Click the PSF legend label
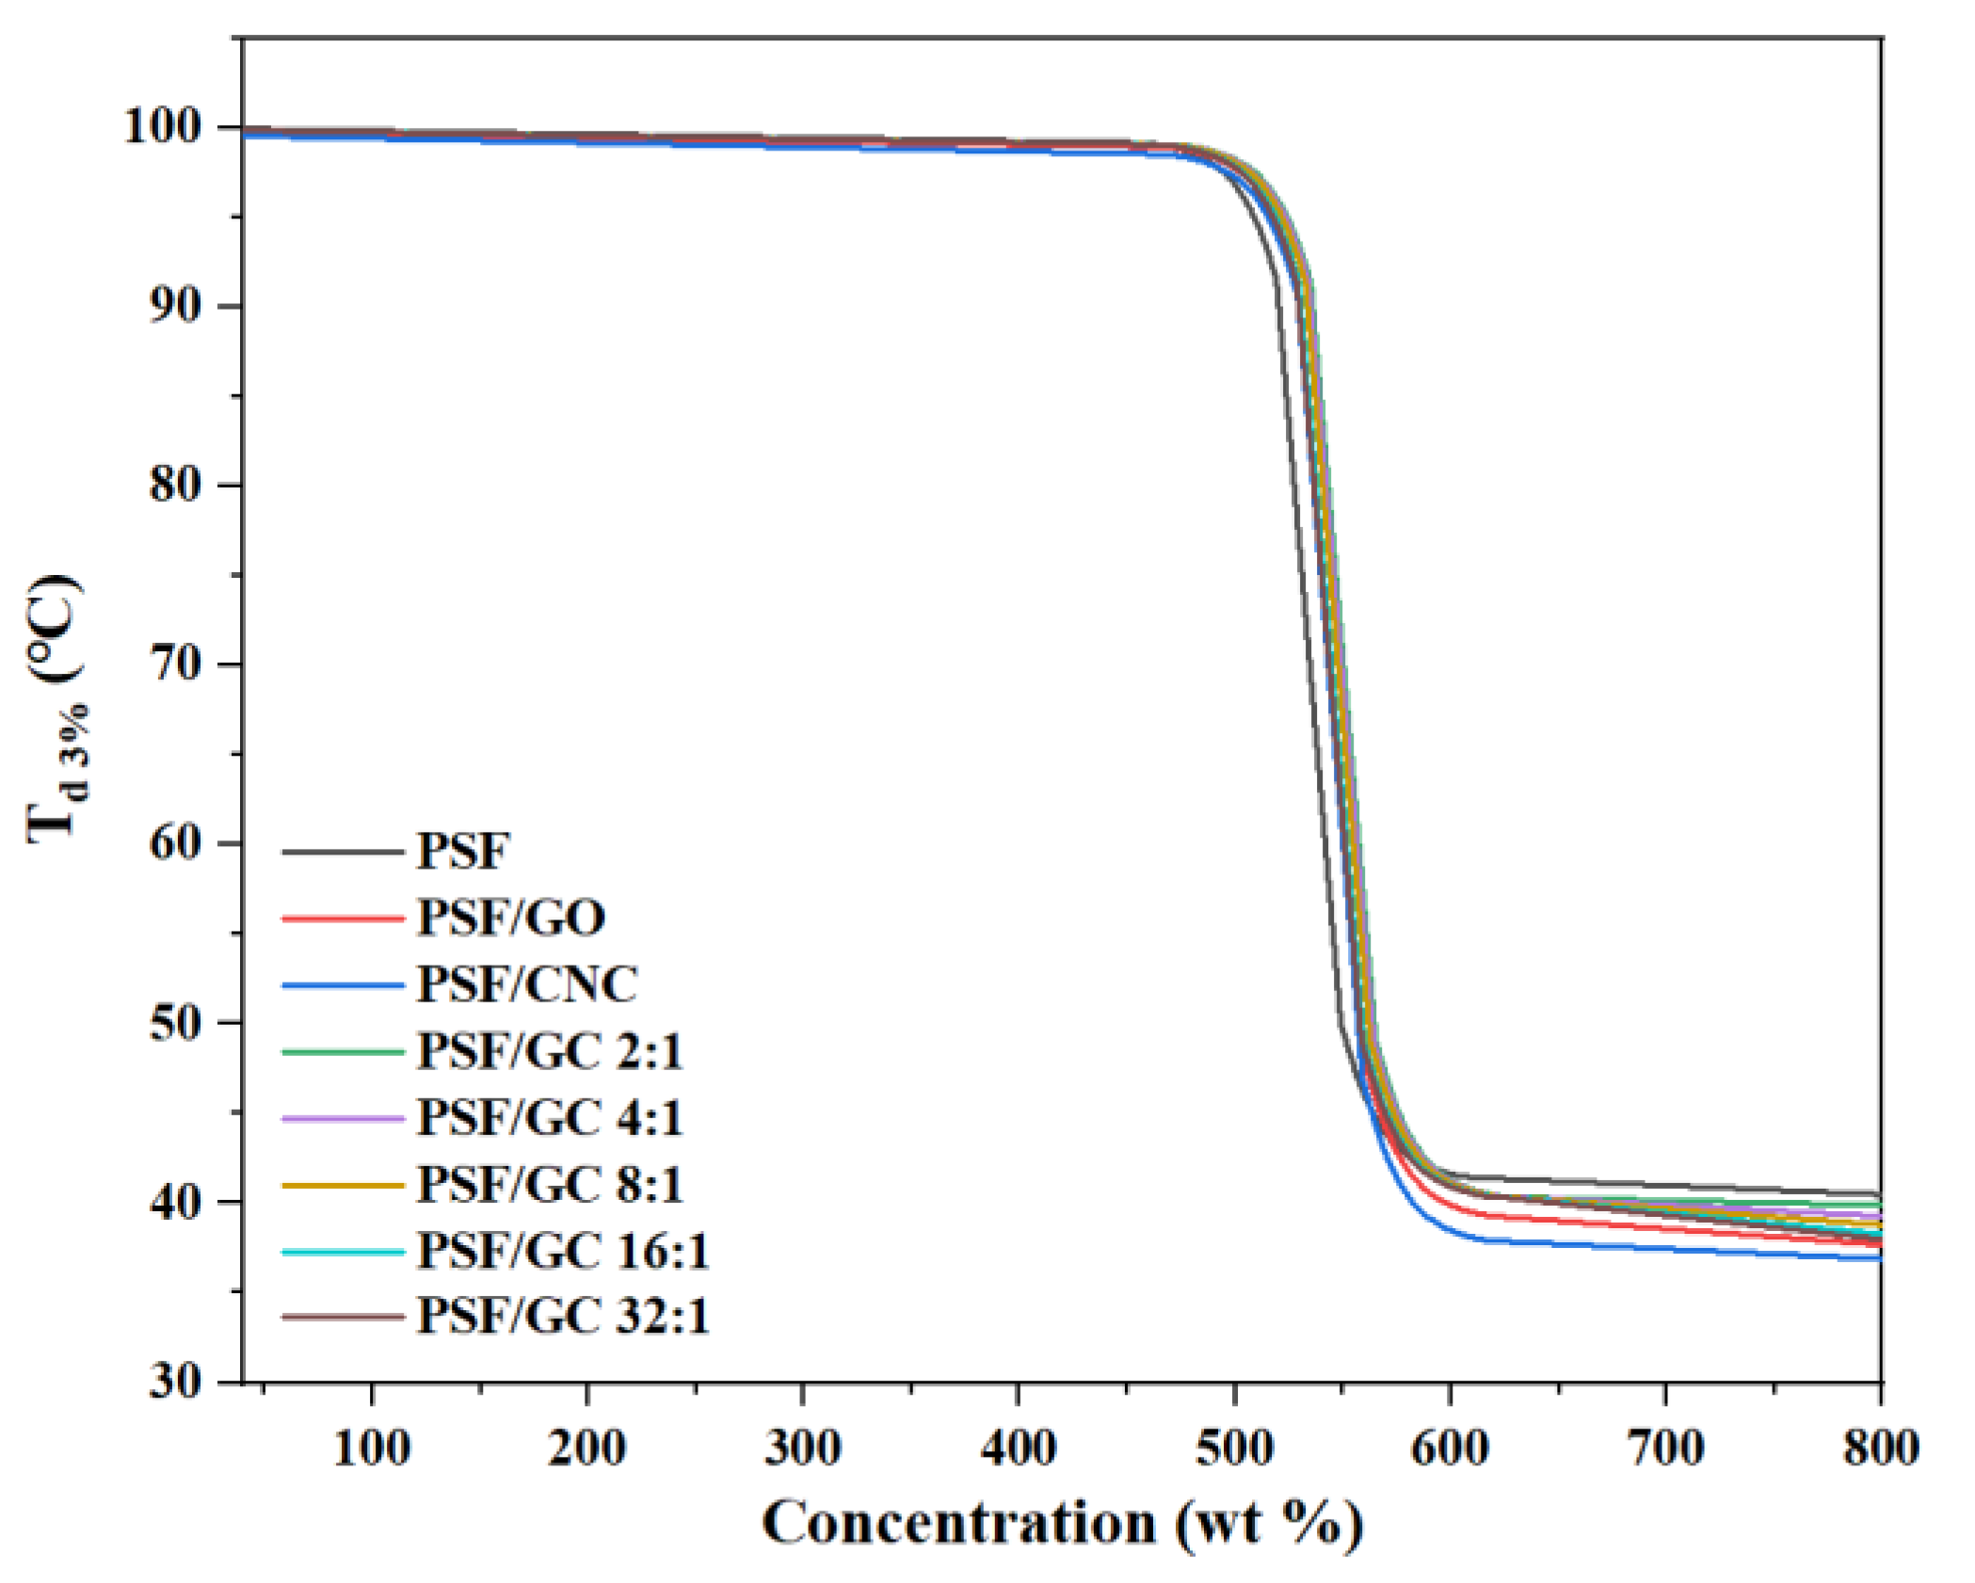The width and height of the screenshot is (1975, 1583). point(462,852)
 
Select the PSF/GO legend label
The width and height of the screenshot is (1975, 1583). point(511,918)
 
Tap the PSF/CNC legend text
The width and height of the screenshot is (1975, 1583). point(527,984)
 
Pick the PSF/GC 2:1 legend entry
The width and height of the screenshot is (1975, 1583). point(550,1051)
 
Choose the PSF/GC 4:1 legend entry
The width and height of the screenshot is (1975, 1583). point(550,1118)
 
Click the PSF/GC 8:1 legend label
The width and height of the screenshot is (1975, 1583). point(550,1184)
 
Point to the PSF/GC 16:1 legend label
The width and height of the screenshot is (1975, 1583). point(563,1251)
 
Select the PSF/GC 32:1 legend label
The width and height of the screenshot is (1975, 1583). point(563,1316)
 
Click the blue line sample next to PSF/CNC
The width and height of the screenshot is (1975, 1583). point(343,985)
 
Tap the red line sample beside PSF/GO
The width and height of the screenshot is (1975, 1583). point(343,918)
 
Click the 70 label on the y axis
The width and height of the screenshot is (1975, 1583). point(175,664)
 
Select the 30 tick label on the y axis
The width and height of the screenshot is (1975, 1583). point(175,1383)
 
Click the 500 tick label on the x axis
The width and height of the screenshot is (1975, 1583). point(1234,1448)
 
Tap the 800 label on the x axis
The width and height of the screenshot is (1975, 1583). point(1880,1448)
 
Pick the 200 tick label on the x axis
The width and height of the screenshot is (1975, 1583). point(586,1448)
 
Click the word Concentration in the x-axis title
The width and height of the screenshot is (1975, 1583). point(958,1523)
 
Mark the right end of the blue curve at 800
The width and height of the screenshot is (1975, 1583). point(1878,1259)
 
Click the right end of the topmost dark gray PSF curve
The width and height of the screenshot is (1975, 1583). point(1878,1193)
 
